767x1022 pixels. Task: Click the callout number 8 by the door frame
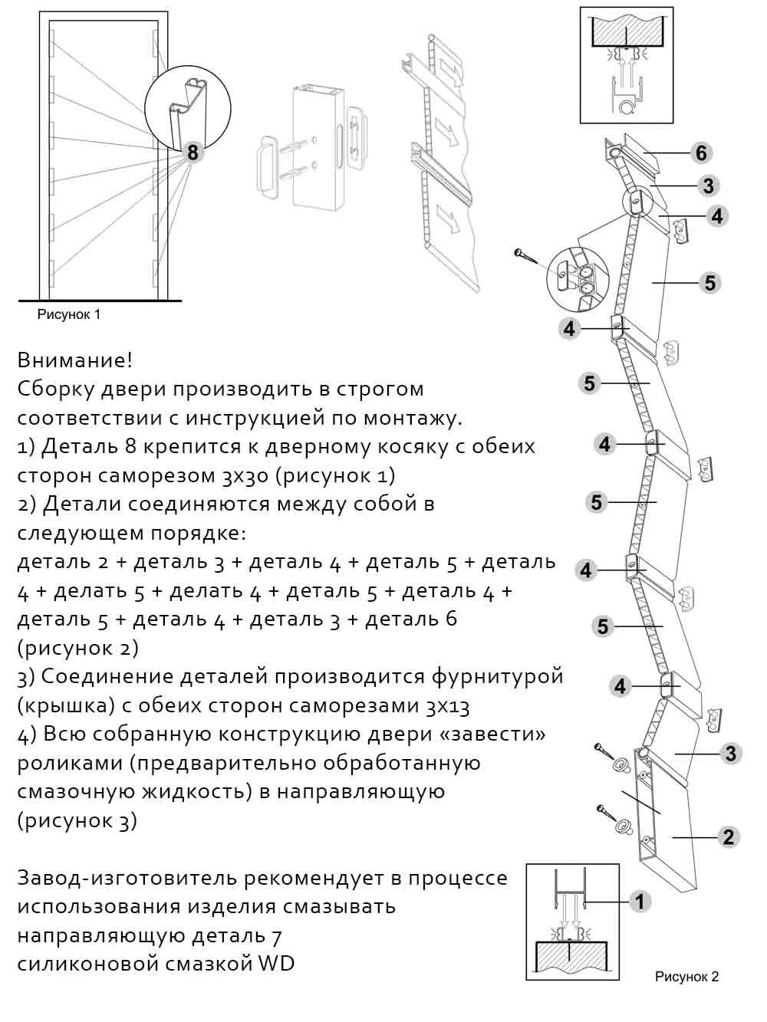tap(193, 153)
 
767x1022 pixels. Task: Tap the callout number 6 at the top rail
tap(701, 153)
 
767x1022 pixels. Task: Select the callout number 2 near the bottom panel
tap(729, 836)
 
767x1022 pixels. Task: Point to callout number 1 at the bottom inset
tap(640, 901)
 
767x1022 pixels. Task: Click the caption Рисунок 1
tap(69, 314)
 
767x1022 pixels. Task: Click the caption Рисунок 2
tap(686, 977)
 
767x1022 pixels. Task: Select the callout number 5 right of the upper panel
tap(710, 283)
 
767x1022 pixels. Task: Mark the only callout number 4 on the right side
tap(717, 216)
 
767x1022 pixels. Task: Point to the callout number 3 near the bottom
tap(730, 754)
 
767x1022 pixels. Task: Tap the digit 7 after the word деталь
tap(276, 935)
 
